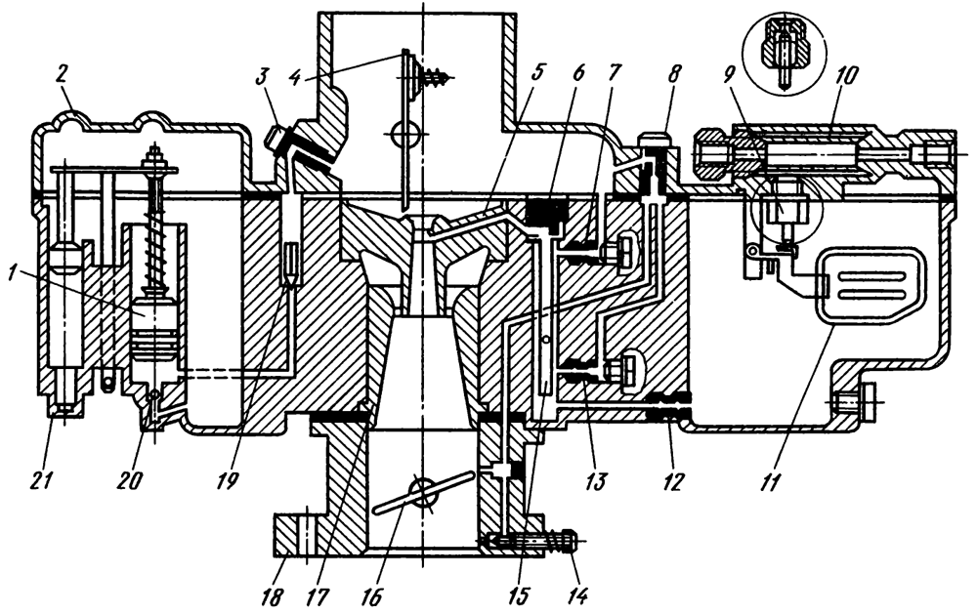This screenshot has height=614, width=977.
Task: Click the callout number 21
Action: [x=52, y=480]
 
